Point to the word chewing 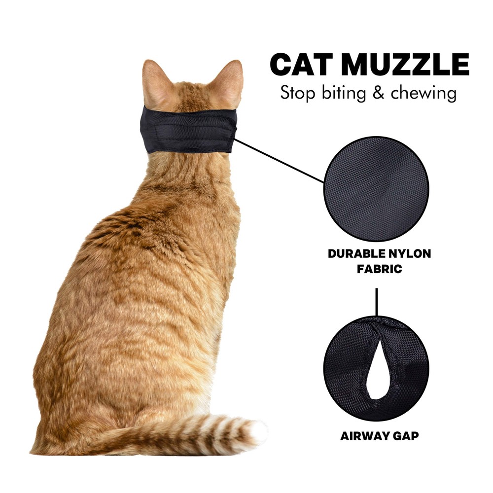(x=423, y=94)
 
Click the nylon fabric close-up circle (x=376, y=189)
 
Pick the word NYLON (x=412, y=254)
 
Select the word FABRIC (x=380, y=270)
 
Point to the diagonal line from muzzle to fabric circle (x=279, y=161)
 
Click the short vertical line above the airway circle (x=377, y=302)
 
